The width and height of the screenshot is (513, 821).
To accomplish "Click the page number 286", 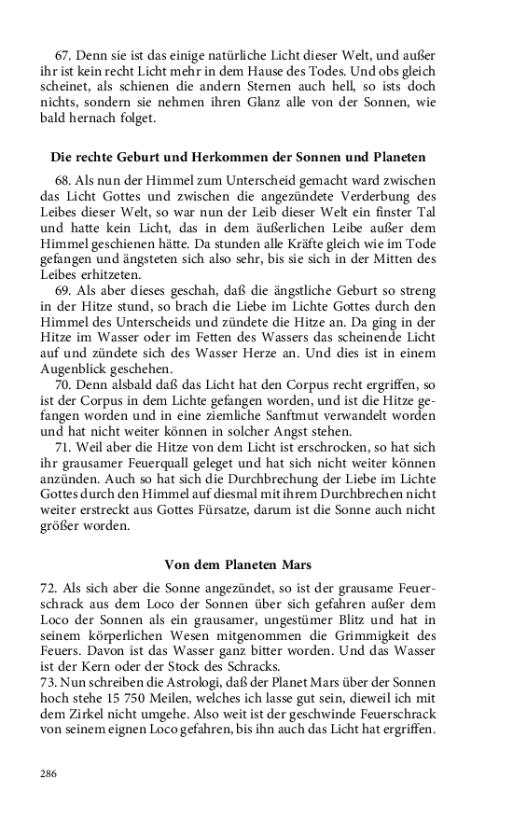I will (x=49, y=773).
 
